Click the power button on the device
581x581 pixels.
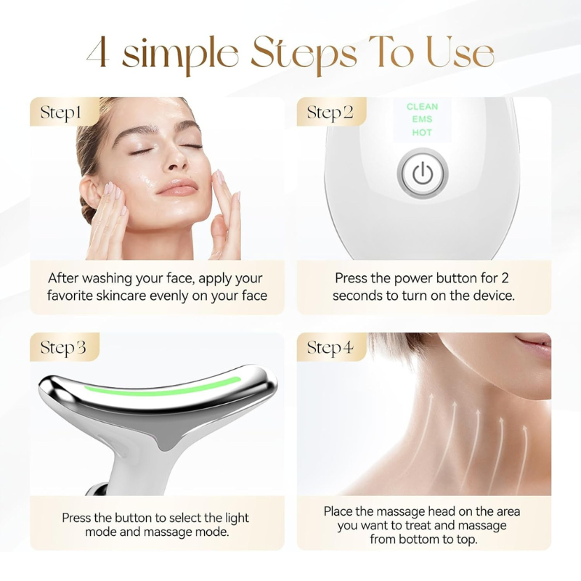423,174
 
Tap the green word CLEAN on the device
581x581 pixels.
422,107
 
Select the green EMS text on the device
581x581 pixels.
422,119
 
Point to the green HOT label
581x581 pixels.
422,132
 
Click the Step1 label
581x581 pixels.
61,113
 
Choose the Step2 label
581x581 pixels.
330,113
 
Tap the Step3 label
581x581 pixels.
63,348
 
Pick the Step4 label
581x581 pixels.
330,348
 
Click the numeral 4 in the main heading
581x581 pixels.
98,52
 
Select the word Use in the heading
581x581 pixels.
460,52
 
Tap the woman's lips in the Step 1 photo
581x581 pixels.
177,187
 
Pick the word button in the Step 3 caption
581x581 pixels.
134,518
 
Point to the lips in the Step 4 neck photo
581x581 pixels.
535,344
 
